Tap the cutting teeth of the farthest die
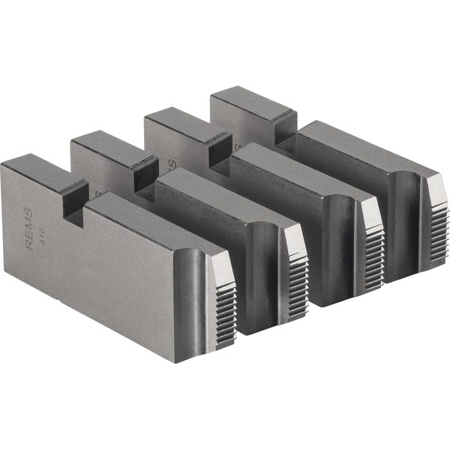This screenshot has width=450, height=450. [437, 225]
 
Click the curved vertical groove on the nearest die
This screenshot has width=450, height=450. [196, 300]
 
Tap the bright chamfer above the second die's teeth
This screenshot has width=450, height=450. [294, 238]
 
